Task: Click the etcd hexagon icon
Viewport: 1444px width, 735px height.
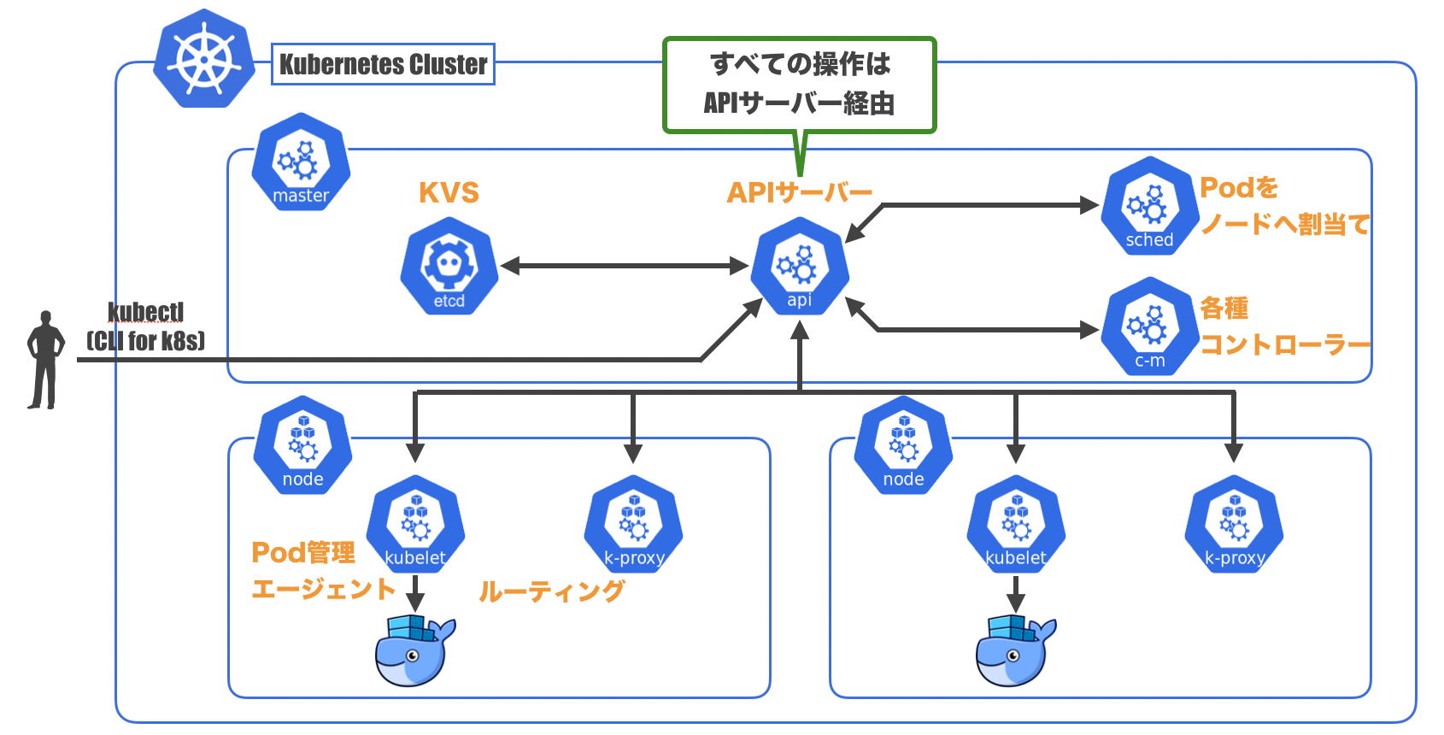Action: pos(449,266)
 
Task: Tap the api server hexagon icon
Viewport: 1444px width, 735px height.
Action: pos(800,266)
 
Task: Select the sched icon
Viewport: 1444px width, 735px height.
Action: pos(1149,206)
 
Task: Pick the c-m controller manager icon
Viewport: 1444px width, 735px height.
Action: pos(1150,326)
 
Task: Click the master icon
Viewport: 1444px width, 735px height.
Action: pos(301,162)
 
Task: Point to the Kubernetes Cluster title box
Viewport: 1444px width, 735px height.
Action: pos(383,64)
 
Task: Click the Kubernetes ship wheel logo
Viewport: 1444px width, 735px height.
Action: pos(204,59)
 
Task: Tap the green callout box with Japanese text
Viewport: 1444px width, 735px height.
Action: pos(800,85)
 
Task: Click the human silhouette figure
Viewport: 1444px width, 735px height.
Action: pos(45,360)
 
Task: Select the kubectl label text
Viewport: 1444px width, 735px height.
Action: pos(145,312)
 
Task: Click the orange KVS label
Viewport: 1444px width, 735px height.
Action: pos(449,192)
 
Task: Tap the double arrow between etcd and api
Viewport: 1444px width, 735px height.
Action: pos(625,266)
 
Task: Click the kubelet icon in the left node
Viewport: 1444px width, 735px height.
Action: pos(415,523)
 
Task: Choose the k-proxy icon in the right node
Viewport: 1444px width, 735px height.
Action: pos(1234,523)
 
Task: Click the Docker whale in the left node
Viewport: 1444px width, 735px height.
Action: pos(414,651)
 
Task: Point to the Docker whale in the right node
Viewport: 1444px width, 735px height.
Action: pos(1015,651)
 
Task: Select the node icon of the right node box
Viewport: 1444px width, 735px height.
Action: pos(903,444)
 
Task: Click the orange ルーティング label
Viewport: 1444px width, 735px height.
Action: pos(551,591)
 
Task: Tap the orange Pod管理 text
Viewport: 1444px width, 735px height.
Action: pos(303,553)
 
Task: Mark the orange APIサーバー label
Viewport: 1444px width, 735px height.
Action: pos(799,192)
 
